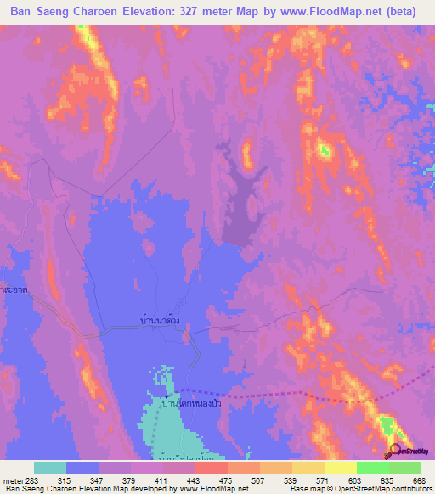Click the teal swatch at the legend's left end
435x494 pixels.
point(50,468)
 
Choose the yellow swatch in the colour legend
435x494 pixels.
point(341,468)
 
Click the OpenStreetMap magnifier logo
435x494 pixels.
point(396,452)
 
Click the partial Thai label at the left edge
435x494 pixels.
point(12,289)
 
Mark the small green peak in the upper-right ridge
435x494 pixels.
point(324,151)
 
